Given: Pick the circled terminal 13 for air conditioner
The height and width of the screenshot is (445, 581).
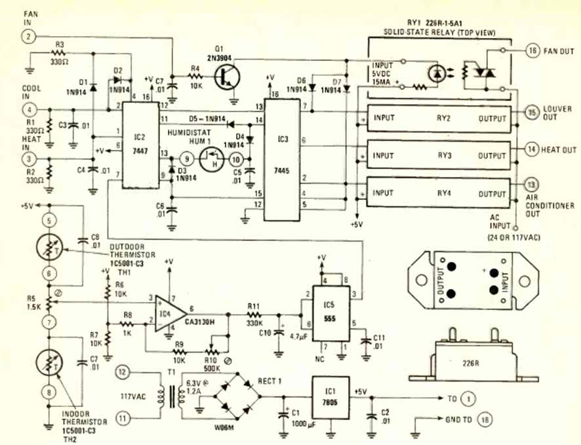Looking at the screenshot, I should [532, 185].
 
